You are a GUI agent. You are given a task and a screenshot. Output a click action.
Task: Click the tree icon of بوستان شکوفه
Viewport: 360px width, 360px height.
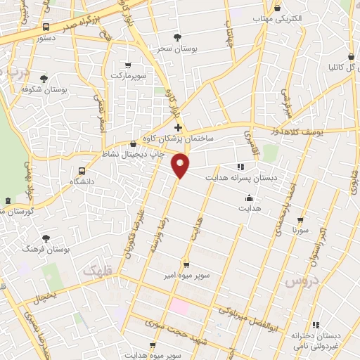point(44,79)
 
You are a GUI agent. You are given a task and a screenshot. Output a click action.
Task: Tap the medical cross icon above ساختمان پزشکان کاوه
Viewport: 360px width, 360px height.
point(178,128)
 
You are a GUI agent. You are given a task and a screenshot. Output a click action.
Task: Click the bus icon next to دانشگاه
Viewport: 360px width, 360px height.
point(83,171)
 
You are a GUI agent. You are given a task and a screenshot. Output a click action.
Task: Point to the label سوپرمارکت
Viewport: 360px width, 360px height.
point(127,74)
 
